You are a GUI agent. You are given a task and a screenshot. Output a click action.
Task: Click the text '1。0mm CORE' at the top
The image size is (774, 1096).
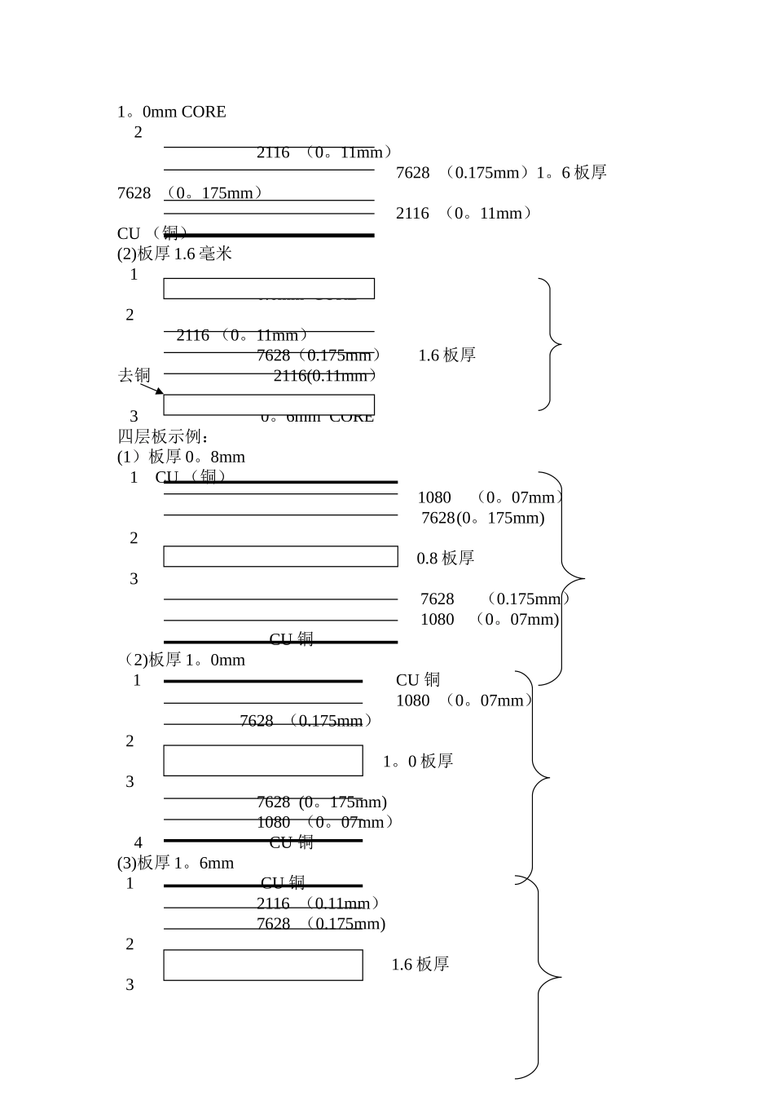[x=171, y=112]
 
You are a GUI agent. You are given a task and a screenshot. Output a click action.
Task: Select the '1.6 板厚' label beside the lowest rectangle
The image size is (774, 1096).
[x=420, y=965]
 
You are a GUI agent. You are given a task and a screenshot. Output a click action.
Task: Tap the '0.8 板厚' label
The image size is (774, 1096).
[x=445, y=559]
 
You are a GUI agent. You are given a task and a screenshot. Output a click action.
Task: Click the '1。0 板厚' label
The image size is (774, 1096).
[x=417, y=762]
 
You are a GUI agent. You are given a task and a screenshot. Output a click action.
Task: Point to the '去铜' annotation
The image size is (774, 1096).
[x=134, y=375]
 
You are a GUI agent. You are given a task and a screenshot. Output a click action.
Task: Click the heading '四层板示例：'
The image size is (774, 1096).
[x=164, y=437]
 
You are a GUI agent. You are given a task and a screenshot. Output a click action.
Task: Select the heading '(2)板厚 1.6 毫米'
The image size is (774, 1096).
[x=174, y=254]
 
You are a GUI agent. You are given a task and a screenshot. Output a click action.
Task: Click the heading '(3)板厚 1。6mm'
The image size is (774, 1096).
[x=175, y=863]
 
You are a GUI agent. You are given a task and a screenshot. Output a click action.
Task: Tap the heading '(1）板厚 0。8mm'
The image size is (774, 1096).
[x=181, y=457]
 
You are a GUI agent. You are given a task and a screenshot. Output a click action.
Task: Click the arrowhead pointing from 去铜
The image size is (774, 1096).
[x=161, y=392]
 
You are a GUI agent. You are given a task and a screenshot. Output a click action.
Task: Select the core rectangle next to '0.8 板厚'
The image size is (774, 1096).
[x=280, y=556]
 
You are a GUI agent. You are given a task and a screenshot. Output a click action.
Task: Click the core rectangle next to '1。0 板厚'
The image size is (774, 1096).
[x=263, y=760]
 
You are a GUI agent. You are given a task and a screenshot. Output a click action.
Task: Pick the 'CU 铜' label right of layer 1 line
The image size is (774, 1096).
[x=418, y=680]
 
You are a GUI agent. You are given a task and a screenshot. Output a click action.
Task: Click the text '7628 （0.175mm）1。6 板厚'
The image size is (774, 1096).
[x=500, y=173]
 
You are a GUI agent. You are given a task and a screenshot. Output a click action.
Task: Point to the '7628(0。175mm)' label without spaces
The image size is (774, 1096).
[x=482, y=518]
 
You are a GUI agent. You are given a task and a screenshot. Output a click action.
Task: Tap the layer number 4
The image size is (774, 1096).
[x=139, y=842]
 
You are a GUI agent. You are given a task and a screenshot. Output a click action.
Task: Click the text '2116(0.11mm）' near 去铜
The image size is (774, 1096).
[x=326, y=376]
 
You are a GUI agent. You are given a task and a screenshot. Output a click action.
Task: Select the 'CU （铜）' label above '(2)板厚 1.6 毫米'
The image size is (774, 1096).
[x=152, y=233]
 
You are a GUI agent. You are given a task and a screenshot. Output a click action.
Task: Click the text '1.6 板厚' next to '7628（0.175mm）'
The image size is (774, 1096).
[x=446, y=356]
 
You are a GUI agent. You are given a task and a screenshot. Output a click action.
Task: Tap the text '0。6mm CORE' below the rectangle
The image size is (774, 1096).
[x=317, y=418]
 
